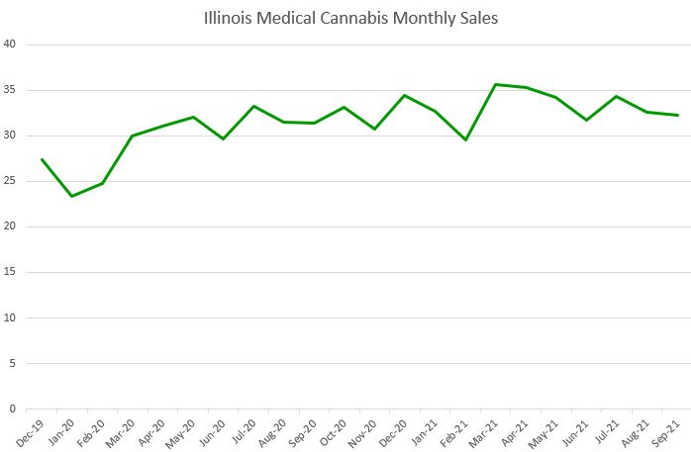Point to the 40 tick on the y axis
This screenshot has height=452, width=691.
(10, 45)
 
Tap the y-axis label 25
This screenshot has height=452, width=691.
(10, 181)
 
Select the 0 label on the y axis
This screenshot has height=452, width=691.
(13, 408)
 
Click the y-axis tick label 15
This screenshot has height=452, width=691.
(10, 272)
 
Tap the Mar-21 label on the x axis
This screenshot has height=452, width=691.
(484, 429)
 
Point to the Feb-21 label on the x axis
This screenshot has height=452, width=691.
(454, 429)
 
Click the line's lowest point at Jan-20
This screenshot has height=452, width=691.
(71, 196)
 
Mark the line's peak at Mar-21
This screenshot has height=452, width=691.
(495, 84)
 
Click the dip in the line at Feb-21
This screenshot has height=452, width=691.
(465, 139)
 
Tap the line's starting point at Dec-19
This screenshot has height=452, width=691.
(42, 159)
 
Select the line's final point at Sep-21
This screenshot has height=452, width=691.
(677, 115)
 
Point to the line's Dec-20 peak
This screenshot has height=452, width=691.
(405, 95)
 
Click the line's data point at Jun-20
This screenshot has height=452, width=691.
(223, 138)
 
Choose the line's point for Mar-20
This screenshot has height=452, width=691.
(132, 136)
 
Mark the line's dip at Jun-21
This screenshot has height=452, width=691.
(586, 120)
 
